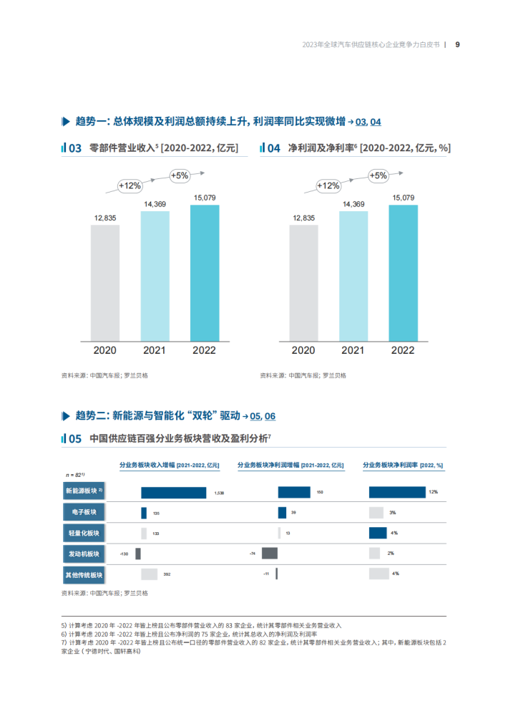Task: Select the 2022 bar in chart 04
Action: pos(403,273)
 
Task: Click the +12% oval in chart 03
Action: pos(130,185)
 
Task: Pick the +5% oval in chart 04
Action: pos(378,175)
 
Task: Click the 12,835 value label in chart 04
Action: pos(303,218)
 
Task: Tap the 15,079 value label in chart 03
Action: pos(204,197)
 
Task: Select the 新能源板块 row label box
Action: pos(84,491)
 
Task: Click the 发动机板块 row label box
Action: pos(84,554)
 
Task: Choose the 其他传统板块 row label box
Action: pos(84,574)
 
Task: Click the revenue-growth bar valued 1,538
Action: pos(172,493)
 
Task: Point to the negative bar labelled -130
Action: pos(138,554)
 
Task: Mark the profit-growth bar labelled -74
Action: pos(269,554)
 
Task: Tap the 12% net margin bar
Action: pos(397,492)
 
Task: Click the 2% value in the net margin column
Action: pos(391,554)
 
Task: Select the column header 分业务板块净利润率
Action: pos(403,465)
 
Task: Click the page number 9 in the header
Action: pos(457,44)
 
